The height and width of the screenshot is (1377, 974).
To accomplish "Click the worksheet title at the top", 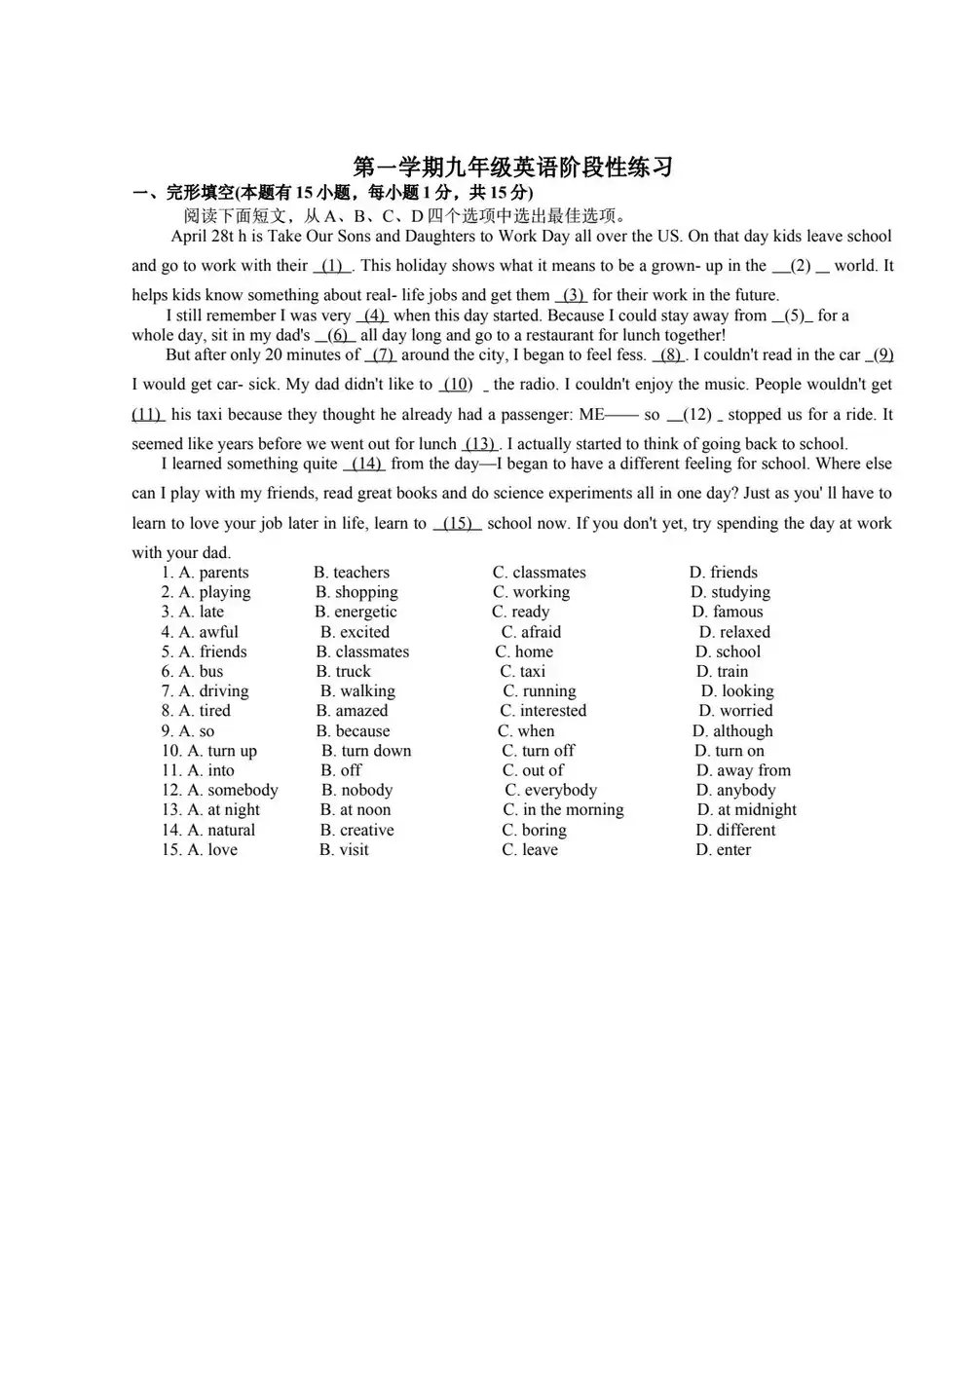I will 512,167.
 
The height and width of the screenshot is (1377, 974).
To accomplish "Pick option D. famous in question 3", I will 728,612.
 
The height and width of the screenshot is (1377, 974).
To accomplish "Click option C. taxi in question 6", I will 523,671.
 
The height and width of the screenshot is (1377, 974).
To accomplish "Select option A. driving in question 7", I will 213,691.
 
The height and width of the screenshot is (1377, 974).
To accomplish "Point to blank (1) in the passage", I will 332,266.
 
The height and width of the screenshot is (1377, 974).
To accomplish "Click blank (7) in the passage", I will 383,355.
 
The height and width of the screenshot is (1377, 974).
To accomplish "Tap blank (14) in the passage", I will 366,465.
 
